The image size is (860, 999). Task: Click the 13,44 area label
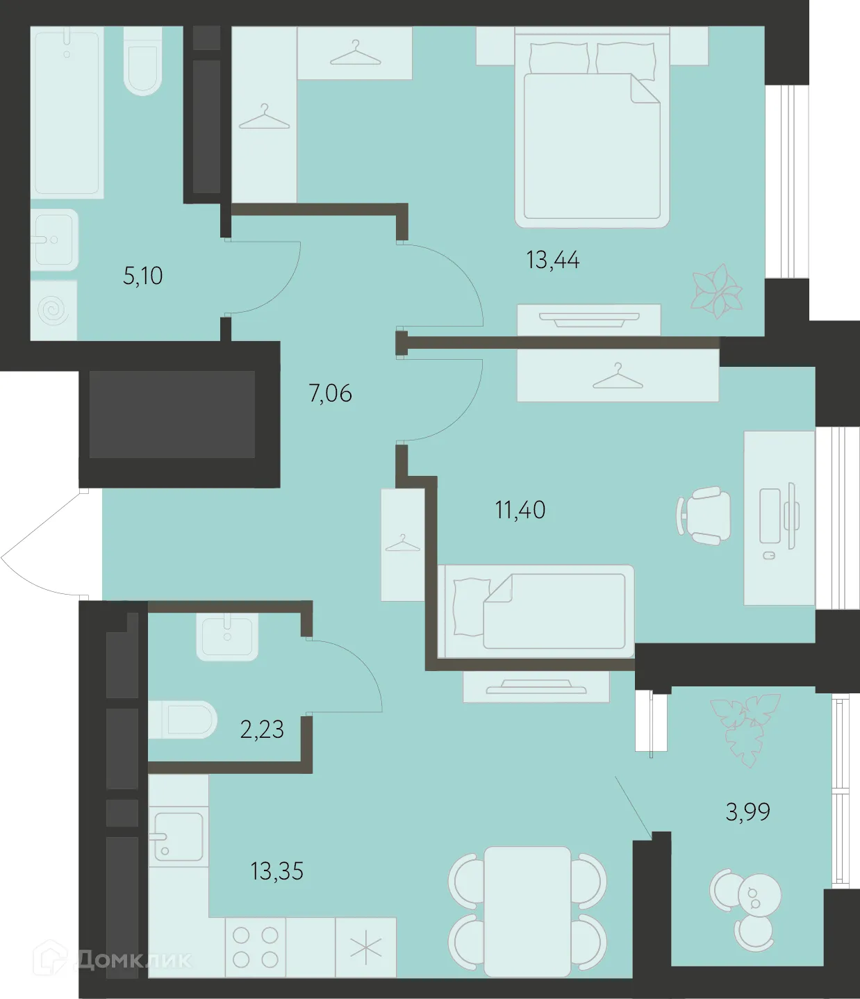click(x=552, y=260)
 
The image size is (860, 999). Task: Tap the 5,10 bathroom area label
click(x=142, y=276)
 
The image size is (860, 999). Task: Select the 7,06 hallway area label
click(x=330, y=393)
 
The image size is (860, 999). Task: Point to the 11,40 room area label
click(x=520, y=509)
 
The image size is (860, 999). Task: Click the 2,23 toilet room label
click(x=262, y=729)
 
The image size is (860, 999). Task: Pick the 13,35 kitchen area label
click(x=277, y=871)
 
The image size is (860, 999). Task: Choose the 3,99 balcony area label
click(x=748, y=811)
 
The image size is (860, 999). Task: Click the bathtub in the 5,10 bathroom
click(x=67, y=112)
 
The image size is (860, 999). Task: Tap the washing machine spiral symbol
click(x=53, y=311)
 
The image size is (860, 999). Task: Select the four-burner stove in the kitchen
click(x=255, y=948)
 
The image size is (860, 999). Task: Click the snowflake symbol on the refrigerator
click(x=366, y=947)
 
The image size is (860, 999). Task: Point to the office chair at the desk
click(x=704, y=515)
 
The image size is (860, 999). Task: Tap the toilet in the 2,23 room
click(x=183, y=720)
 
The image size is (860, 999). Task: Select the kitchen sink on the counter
click(x=178, y=837)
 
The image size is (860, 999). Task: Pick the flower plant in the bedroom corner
click(x=717, y=291)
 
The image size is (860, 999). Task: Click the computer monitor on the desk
click(x=791, y=515)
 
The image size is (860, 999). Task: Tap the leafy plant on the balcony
click(x=745, y=729)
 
